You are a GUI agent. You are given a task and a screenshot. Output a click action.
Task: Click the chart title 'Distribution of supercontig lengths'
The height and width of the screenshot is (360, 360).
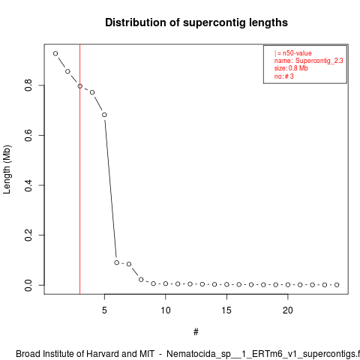point(196,22)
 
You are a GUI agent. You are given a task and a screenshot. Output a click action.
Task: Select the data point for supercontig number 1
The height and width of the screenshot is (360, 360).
point(55,53)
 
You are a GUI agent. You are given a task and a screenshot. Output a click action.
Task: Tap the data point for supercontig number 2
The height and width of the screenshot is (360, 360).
point(67,71)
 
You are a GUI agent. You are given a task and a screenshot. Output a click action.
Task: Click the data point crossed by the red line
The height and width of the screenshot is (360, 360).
point(80,86)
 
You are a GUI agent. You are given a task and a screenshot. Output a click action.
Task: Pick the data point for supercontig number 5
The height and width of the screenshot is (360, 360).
point(104,115)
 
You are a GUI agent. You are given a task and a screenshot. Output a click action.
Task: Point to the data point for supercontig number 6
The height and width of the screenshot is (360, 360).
point(116,262)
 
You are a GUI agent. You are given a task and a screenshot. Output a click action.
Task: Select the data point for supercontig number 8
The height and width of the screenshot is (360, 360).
point(141,280)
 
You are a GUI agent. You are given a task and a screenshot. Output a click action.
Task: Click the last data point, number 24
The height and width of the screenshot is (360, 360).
point(337,285)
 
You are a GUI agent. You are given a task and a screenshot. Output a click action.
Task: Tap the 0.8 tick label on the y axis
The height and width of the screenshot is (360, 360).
point(28,85)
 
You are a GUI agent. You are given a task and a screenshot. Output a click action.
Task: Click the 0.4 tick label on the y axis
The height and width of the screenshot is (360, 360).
point(28,185)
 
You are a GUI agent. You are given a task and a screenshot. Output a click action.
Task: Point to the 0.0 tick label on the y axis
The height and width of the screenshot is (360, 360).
point(28,285)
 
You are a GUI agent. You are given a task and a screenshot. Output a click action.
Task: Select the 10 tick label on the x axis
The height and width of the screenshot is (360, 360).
point(166,310)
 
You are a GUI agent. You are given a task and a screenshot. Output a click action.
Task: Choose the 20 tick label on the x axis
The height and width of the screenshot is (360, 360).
point(288,310)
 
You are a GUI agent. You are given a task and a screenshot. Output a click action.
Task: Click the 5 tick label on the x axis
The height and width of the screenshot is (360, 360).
point(104,310)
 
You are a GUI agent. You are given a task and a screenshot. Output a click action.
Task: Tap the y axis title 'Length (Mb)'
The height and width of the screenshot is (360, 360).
point(7,169)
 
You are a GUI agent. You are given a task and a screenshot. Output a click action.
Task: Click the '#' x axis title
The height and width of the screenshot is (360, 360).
point(196,332)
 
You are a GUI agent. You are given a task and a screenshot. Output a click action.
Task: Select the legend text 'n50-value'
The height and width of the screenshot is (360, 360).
point(297,53)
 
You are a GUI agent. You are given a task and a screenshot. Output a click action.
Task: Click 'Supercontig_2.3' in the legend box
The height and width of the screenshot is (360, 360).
point(319,61)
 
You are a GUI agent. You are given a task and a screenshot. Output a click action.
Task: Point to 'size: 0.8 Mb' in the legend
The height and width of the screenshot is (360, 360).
point(291,68)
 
